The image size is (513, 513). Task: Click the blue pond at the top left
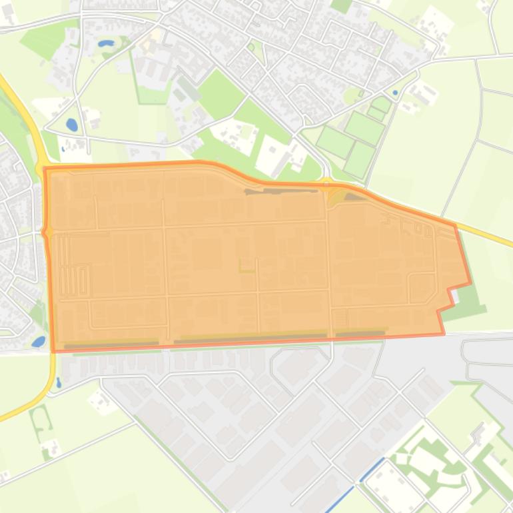105,43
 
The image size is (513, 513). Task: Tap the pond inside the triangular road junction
71,125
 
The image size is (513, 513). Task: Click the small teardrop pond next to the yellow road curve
59,382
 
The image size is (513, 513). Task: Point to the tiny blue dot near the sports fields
395,93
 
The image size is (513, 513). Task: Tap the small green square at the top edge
341,5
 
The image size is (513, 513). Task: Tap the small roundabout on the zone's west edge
46,232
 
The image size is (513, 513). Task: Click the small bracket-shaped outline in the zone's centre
247,266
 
